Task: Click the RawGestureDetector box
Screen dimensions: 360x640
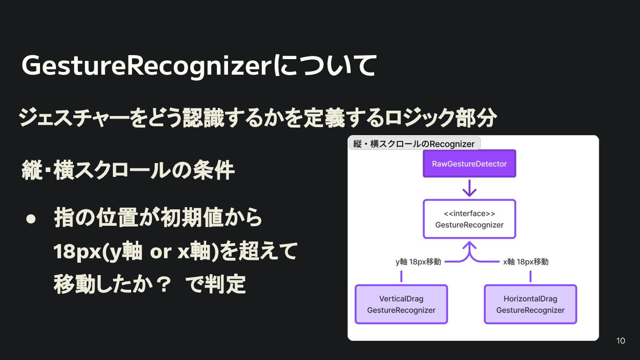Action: pos(469,164)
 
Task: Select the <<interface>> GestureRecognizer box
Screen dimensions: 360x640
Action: pos(469,219)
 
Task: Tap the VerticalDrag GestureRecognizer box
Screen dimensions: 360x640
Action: pos(401,304)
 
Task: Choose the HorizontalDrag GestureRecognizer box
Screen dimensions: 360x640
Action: pos(530,304)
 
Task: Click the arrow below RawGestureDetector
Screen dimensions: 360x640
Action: pos(469,188)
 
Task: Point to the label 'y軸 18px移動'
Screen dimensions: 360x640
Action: pos(418,262)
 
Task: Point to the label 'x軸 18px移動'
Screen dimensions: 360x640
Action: pos(526,262)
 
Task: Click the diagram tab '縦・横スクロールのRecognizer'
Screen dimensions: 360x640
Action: pos(414,144)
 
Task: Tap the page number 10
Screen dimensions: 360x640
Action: pos(621,341)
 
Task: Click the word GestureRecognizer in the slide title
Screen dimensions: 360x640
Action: pos(146,66)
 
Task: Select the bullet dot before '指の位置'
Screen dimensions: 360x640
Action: pos(31,219)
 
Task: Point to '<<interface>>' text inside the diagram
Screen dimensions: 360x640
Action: pos(469,214)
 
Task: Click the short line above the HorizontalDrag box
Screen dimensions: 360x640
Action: pos(530,276)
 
